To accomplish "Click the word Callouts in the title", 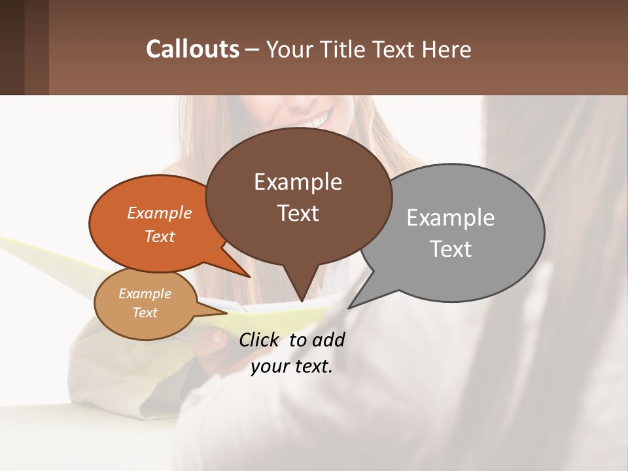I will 192,50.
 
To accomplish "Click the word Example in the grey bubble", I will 451,218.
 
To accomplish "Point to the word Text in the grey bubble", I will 451,249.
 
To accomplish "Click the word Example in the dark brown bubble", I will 298,182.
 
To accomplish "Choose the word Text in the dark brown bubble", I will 298,213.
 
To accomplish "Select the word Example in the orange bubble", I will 160,213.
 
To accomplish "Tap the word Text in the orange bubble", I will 160,236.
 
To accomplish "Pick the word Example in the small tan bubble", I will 145,294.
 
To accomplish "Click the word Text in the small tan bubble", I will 145,313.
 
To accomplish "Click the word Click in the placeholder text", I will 258,340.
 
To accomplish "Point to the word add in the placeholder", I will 328,340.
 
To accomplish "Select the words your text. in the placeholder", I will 292,366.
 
